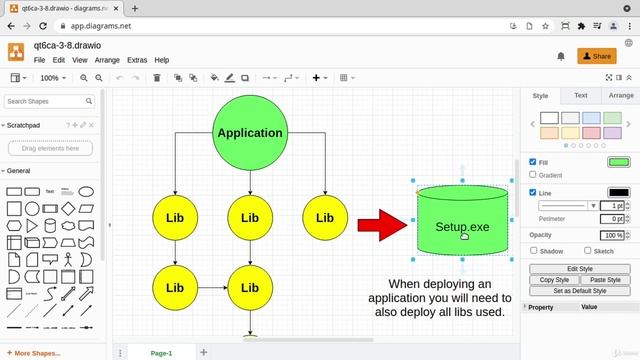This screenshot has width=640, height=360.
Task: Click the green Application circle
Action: (250, 133)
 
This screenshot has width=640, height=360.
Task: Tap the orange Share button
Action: (597, 56)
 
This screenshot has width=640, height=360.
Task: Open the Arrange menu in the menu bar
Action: (108, 60)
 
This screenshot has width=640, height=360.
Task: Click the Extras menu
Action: (137, 60)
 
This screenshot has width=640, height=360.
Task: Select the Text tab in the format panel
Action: (580, 96)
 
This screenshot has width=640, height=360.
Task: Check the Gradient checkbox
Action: (533, 175)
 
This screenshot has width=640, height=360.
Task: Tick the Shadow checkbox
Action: (533, 251)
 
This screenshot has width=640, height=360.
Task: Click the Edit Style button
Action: (580, 269)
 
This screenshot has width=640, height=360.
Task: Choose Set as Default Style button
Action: (580, 291)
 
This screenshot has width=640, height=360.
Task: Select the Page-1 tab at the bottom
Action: (161, 353)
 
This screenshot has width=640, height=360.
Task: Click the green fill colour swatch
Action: (618, 162)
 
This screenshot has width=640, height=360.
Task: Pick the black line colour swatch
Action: (618, 192)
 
